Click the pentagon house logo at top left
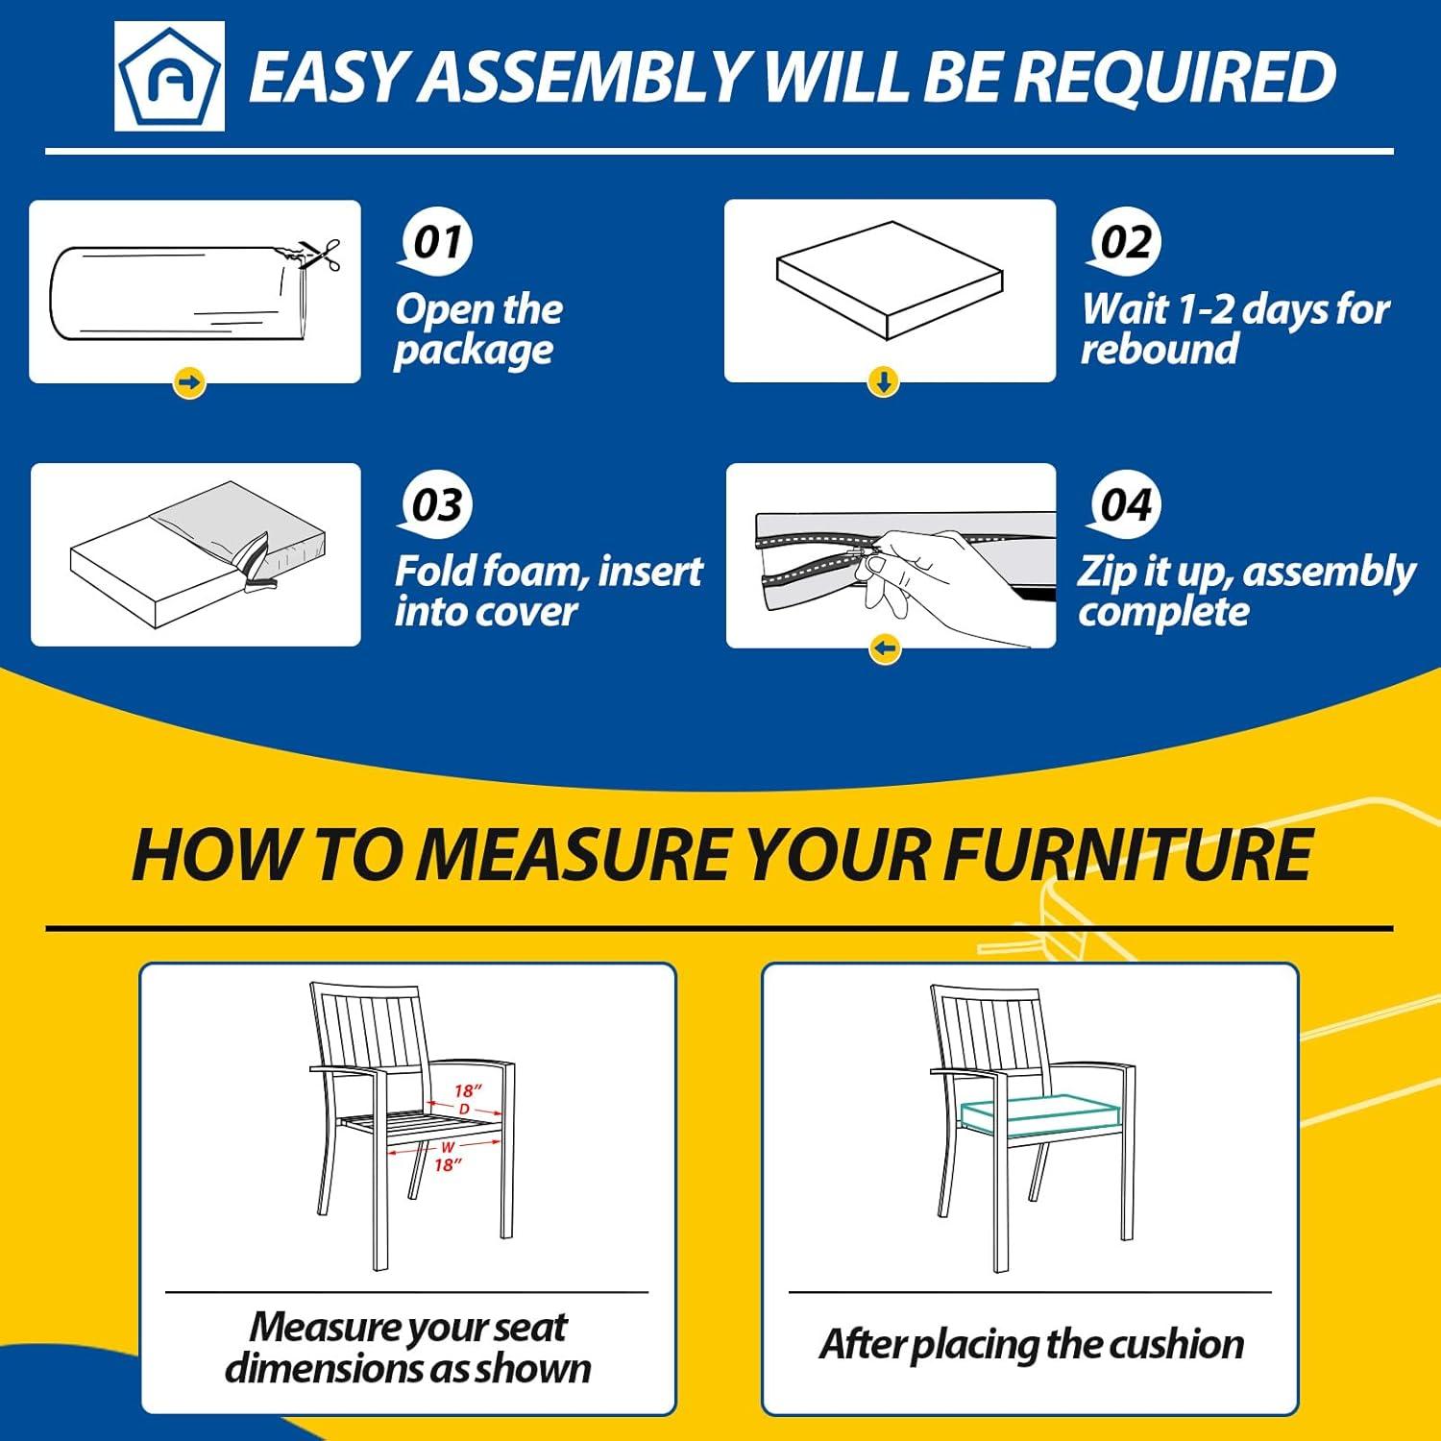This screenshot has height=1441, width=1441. [169, 76]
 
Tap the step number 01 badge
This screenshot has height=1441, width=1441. [436, 241]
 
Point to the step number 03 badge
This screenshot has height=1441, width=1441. [436, 504]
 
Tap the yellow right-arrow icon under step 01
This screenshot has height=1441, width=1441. [190, 383]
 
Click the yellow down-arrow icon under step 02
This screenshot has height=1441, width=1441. [884, 383]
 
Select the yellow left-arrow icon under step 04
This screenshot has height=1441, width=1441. [886, 649]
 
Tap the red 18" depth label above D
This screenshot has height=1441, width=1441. [468, 1091]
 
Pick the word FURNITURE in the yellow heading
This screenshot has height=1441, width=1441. [1127, 855]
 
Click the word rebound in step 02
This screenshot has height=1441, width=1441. [1160, 348]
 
